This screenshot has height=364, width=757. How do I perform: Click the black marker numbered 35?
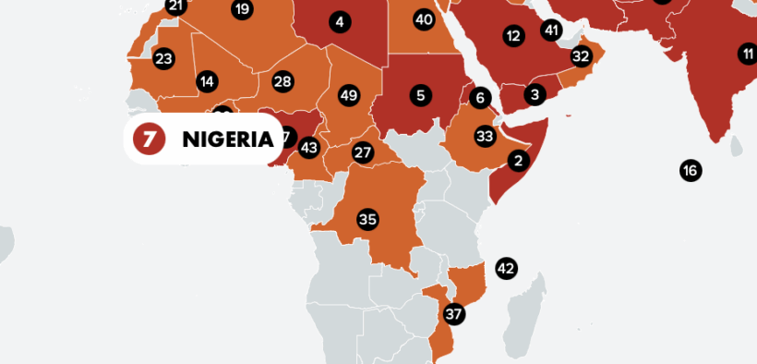tap(367, 219)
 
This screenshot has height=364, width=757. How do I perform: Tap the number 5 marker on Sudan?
tap(421, 94)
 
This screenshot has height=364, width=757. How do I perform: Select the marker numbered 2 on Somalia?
tap(518, 161)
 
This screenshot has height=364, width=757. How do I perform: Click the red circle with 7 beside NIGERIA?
tap(149, 140)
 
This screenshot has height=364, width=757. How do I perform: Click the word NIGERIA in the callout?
tap(228, 140)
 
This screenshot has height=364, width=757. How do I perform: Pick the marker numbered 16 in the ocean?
tap(690, 170)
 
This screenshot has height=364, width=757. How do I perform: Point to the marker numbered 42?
tap(506, 269)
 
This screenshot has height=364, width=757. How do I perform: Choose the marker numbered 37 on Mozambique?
tap(453, 313)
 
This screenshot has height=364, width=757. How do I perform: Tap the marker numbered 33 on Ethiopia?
tap(485, 136)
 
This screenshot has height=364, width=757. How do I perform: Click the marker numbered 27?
tap(363, 152)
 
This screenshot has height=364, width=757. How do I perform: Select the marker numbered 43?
tap(309, 147)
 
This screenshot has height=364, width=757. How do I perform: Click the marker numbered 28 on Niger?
tap(282, 81)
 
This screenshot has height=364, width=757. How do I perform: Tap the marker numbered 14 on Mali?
tap(207, 81)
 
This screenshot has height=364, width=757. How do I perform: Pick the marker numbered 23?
tap(163, 59)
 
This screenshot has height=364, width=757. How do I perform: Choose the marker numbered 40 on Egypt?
tap(424, 18)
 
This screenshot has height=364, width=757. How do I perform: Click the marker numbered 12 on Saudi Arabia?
tap(513, 36)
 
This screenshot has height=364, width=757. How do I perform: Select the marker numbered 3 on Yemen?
tap(535, 93)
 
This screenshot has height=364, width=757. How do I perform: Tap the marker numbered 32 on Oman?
tap(581, 55)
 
